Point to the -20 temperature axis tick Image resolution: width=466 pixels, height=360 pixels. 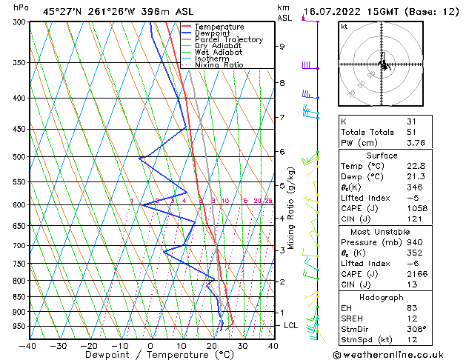coord(89,345)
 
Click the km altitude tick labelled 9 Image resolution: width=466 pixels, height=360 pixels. coord(282,47)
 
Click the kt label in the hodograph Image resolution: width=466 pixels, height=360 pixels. coord(344,27)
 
